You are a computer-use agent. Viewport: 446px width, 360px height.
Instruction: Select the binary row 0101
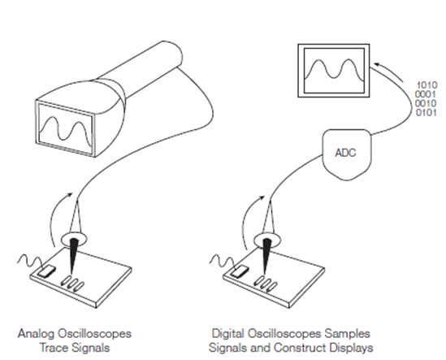pos(427,114)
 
